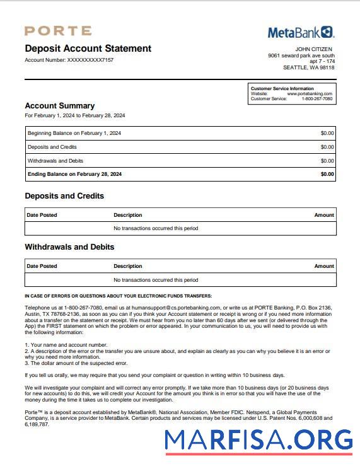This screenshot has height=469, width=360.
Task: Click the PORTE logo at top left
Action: point(58,31)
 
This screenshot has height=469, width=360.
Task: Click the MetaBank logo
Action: point(301,32)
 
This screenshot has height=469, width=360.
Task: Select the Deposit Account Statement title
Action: point(88,49)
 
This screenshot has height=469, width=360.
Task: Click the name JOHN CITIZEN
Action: point(313,49)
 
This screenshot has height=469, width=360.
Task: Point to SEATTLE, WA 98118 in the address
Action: point(309,67)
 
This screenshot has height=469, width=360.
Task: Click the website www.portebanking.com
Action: point(310,94)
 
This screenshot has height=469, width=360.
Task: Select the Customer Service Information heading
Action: point(282,89)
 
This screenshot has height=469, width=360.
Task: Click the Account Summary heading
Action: point(59,106)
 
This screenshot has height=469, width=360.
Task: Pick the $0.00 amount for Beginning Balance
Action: point(327,133)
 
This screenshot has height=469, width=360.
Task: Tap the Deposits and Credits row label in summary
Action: point(52,147)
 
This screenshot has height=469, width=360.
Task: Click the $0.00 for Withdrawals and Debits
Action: point(327,161)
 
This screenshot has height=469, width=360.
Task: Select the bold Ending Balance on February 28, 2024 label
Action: point(74,174)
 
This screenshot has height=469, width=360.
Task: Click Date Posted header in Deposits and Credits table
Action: point(42,215)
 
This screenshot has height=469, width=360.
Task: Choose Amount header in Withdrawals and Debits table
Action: point(324,266)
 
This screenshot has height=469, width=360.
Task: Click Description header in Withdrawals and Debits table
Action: point(128,266)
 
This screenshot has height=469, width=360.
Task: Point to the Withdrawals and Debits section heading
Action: point(69,247)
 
